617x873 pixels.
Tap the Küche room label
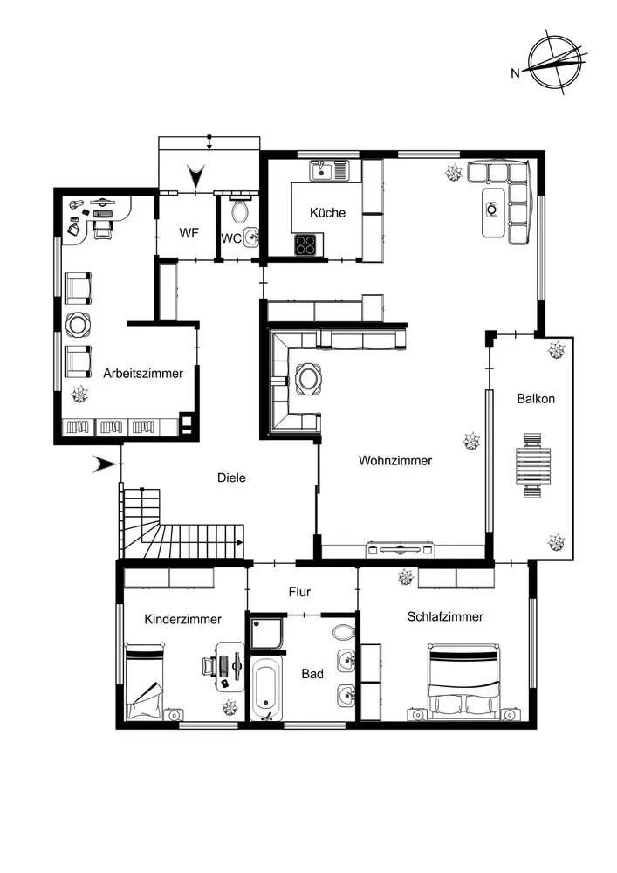point(328,212)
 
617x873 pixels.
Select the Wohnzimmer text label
point(395,461)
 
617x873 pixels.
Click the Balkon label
point(536,399)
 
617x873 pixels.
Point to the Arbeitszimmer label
point(143,373)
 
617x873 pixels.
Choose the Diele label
point(231,478)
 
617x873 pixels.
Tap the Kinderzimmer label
point(182,619)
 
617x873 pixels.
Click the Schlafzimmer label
point(445,616)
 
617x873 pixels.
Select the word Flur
point(299,592)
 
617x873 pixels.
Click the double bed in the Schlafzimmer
point(463,682)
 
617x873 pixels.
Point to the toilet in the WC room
point(240,211)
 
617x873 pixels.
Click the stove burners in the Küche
point(305,244)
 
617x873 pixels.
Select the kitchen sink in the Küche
point(330,169)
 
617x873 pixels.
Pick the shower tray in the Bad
point(266,634)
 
